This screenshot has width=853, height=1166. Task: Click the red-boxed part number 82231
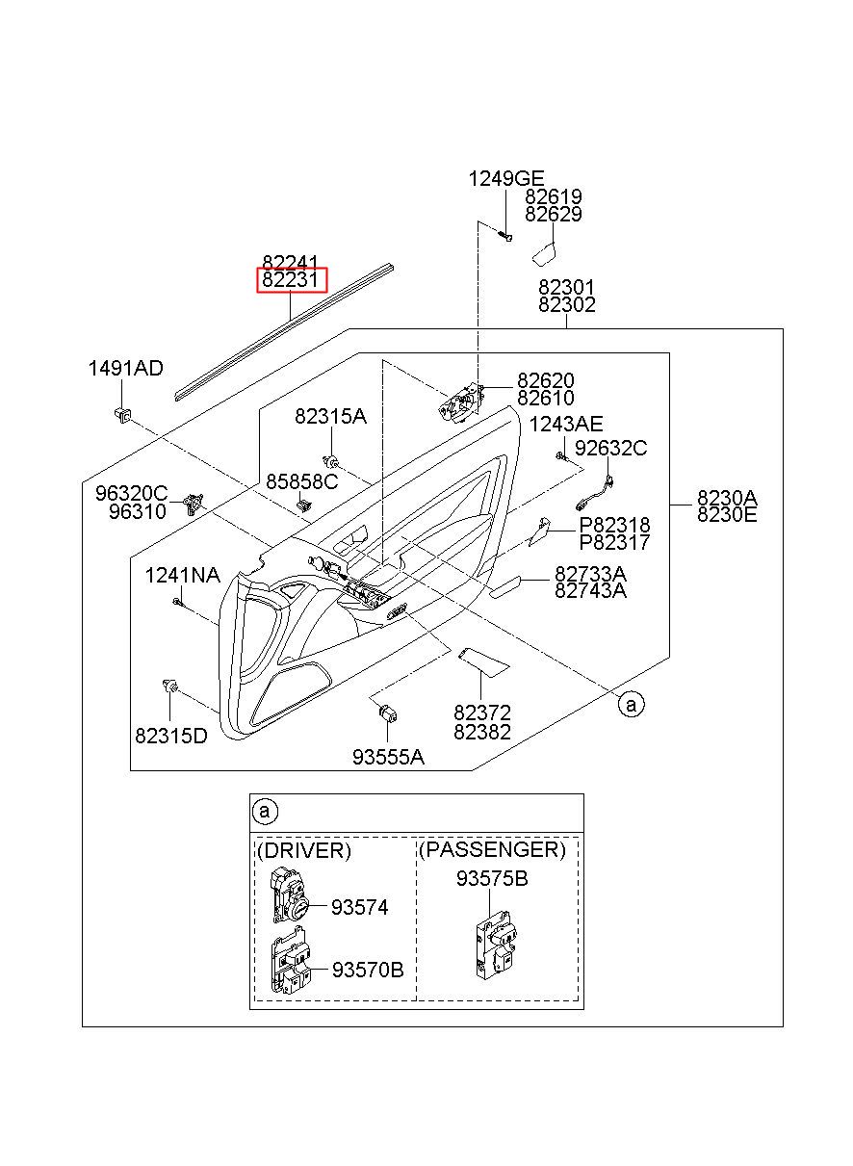(290, 280)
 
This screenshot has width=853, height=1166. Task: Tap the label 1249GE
(505, 179)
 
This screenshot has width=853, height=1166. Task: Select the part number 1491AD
(125, 369)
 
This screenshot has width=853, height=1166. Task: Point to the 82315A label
(330, 416)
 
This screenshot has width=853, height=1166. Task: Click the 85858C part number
(302, 481)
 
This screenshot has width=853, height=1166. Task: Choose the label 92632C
(610, 448)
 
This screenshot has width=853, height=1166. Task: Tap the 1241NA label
(182, 575)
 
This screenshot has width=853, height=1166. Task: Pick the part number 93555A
(388, 757)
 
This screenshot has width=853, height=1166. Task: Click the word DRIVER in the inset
(304, 850)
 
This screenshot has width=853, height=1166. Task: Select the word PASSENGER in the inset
(492, 849)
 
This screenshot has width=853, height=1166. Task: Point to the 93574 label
(360, 908)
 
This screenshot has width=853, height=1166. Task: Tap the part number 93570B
(368, 970)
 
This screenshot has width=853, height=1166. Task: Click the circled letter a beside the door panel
(631, 705)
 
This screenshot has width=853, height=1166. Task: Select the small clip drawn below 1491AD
(122, 414)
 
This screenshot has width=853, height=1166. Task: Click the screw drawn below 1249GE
(505, 236)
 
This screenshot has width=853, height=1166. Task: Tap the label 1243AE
(566, 425)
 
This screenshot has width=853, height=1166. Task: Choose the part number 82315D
(171, 736)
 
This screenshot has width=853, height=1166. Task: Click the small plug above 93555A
(389, 713)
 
